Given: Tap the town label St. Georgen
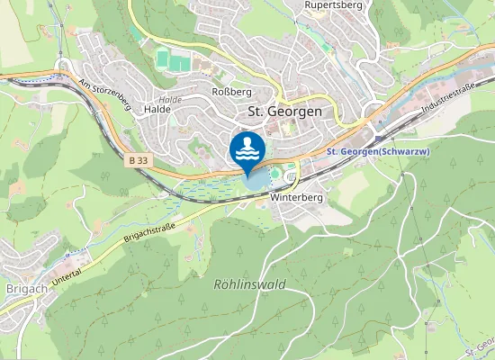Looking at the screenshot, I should (283, 111).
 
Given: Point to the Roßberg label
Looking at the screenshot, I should (230, 92).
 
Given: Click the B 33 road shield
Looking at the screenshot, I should (138, 159).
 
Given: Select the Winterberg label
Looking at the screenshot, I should (297, 197).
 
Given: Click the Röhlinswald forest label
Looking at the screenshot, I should (249, 283).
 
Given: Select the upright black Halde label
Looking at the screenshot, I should (157, 110).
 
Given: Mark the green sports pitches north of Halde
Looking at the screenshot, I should (175, 60).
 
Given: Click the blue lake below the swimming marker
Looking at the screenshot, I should (255, 181).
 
